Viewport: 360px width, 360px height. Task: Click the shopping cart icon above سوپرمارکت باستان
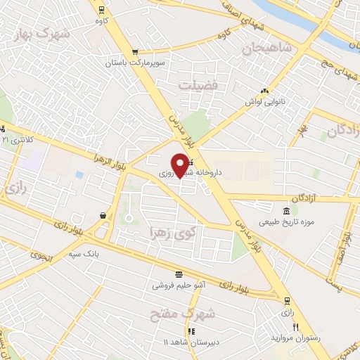coord(135,51)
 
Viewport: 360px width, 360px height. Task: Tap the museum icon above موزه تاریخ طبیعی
coord(285,212)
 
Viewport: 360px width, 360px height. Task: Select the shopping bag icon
coord(103,215)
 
